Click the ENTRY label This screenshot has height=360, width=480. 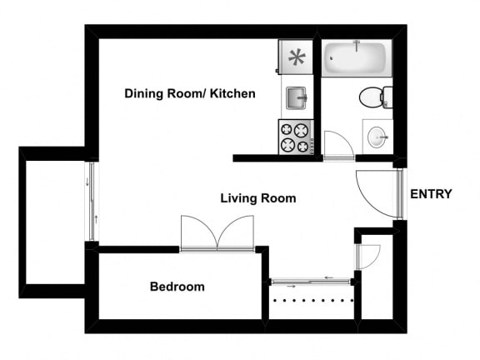431,194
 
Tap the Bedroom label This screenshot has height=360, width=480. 177,287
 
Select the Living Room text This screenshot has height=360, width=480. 258,198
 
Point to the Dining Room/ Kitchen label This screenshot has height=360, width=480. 190,93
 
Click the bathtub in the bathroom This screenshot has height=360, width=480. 357,58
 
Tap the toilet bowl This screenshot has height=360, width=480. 370,97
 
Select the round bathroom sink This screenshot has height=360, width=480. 377,137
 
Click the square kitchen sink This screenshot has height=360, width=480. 297,98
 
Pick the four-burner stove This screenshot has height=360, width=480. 296,137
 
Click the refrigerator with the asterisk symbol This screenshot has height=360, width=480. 296,57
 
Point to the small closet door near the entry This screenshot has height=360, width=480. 368,257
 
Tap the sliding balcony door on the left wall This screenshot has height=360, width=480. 92,201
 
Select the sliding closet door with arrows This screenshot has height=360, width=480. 311,282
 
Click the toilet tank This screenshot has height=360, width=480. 387,97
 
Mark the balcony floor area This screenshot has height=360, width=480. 55,222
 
